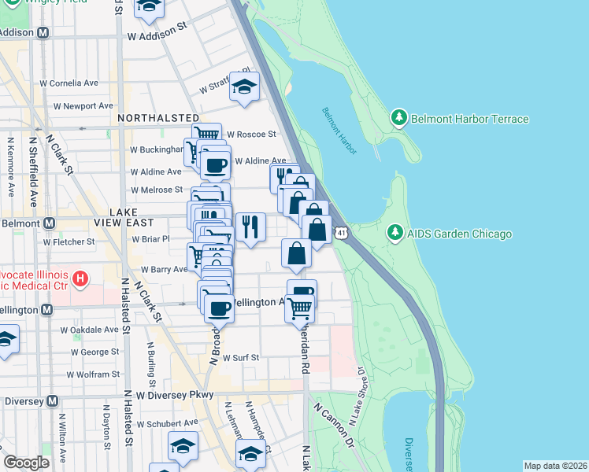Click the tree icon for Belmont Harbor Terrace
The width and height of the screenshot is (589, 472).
click(x=399, y=119)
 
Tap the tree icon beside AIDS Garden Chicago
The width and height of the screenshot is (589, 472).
click(x=396, y=234)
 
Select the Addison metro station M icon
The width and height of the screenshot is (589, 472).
click(x=43, y=33)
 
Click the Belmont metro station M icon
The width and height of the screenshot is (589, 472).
click(x=49, y=223)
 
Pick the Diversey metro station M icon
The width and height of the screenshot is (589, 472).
click(x=52, y=400)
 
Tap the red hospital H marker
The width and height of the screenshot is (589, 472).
click(x=80, y=278)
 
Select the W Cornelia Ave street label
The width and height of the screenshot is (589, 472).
click(x=69, y=83)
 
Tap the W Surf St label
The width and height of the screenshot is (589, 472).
click(x=241, y=357)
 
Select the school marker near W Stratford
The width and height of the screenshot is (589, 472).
click(x=245, y=87)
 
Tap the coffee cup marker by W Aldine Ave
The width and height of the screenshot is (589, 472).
click(x=214, y=165)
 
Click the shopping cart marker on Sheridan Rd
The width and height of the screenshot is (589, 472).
click(x=300, y=308)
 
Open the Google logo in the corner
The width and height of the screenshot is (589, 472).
click(x=26, y=463)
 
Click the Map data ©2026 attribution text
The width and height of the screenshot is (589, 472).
click(x=555, y=466)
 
